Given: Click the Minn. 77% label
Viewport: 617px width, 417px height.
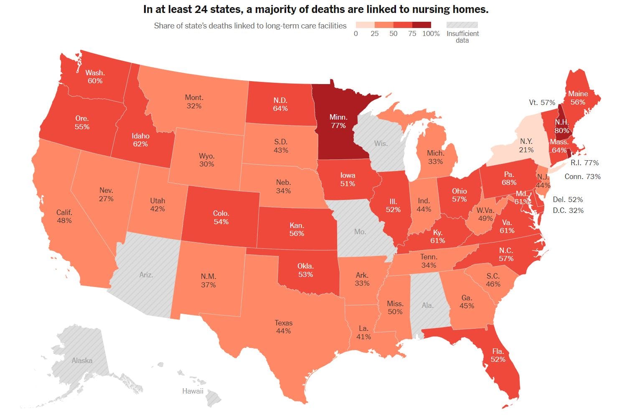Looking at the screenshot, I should click(x=338, y=121).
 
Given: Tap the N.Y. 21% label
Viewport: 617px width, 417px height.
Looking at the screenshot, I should click(x=526, y=146).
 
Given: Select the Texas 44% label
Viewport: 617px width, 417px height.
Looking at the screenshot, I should click(x=283, y=327).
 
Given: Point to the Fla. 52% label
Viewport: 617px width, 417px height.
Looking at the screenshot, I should click(x=498, y=355).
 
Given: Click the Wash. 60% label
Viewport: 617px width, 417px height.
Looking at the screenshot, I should click(x=95, y=77).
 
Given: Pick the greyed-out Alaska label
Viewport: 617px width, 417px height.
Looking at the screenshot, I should click(x=82, y=360).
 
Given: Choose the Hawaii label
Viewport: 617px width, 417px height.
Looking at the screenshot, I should click(x=193, y=391).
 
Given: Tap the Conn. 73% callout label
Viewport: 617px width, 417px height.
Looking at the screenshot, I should click(x=582, y=177).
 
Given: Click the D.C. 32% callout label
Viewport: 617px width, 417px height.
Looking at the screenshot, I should click(x=568, y=210).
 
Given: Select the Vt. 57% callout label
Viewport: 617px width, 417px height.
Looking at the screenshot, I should click(x=542, y=102).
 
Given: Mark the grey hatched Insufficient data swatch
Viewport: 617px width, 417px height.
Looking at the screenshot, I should click(x=462, y=25).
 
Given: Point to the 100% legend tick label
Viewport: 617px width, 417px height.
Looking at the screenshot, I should click(x=431, y=33).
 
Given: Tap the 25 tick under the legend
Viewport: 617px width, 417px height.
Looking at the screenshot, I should click(x=375, y=33).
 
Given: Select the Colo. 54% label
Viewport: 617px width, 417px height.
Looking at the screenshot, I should click(x=221, y=217).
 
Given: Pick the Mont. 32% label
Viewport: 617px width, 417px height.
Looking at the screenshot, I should click(x=194, y=102).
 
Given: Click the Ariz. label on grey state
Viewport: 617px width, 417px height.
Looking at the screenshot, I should click(x=146, y=275).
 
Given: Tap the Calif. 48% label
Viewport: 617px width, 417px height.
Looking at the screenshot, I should click(x=64, y=216).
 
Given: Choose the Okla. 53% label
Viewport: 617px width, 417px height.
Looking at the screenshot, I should click(x=305, y=270).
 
